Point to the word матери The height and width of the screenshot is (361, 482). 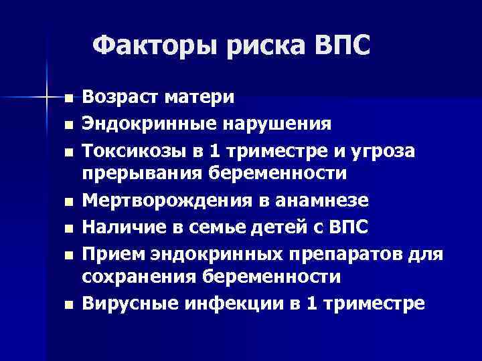202,98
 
